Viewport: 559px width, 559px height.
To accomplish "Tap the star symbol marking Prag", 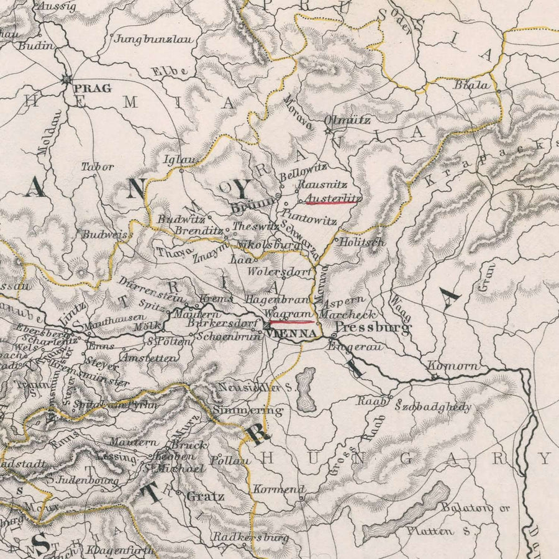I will point(66,79).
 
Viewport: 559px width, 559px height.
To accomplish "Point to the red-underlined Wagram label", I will point(287,315).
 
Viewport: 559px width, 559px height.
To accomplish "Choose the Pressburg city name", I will point(372,327).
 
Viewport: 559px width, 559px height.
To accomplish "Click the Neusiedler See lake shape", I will point(305,389).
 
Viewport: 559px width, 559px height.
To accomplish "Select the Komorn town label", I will point(453,366).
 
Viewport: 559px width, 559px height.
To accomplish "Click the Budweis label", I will point(104,234).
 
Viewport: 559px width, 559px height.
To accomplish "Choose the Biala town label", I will point(471,85).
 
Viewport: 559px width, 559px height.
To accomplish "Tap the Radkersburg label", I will point(251,537).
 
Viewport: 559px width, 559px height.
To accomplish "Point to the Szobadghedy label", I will point(433,407).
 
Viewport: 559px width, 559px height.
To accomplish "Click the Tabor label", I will point(98,166).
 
